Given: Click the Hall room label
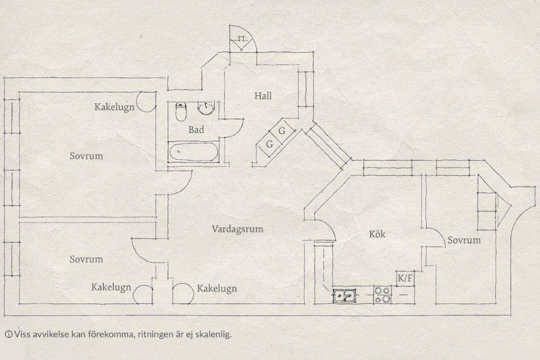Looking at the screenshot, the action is (263, 96).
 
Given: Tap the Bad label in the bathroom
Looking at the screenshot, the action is (196, 130).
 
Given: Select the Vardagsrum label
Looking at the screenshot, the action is (237, 229).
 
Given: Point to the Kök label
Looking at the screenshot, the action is (377, 234).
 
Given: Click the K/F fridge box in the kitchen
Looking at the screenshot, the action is (405, 278).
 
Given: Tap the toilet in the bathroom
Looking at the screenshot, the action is (181, 112).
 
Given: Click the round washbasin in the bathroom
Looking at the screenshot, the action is (206, 108).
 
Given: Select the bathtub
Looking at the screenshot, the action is (194, 152).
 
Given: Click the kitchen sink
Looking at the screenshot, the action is (344, 296).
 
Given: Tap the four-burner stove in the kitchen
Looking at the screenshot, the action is (383, 295).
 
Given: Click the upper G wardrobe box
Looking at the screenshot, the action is (282, 131).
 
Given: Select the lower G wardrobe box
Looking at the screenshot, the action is (269, 144).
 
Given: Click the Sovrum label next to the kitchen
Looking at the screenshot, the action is (464, 240).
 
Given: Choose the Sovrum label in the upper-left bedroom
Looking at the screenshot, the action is (86, 156).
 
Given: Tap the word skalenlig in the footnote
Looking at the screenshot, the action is (213, 334).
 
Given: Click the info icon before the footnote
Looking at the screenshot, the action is (9, 334).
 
